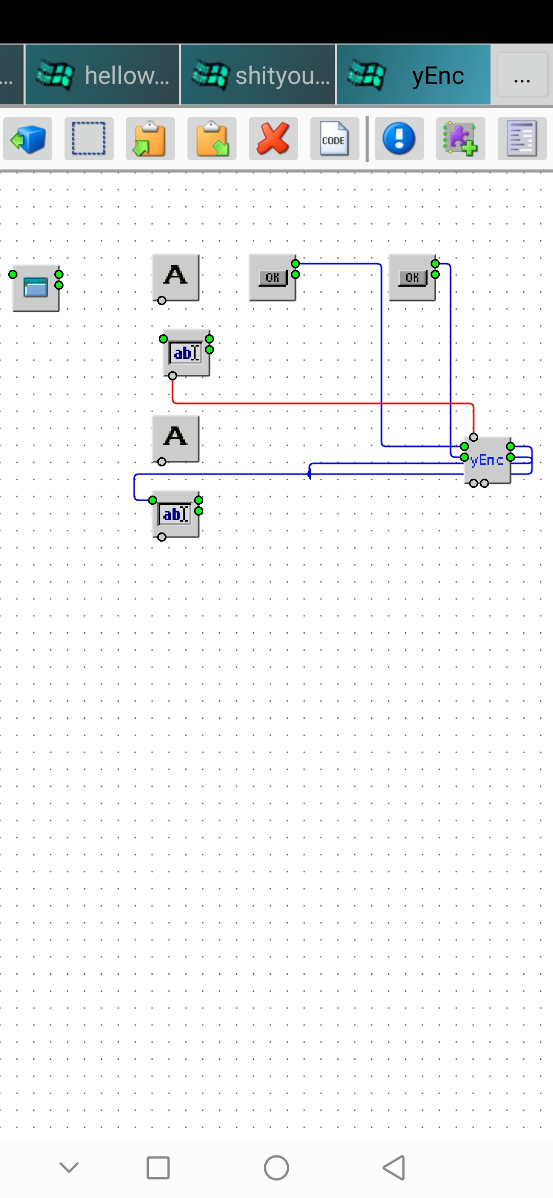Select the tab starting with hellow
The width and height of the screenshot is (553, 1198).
[x=103, y=75]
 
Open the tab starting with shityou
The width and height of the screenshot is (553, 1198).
[x=259, y=75]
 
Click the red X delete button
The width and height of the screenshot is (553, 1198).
[x=273, y=139]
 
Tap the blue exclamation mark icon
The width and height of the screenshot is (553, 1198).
[x=399, y=139]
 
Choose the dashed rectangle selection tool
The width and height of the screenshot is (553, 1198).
[x=89, y=139]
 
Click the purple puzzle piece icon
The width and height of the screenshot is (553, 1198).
[x=460, y=139]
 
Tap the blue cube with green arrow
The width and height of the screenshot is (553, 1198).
[x=28, y=139]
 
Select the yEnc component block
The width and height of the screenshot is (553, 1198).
[x=487, y=460]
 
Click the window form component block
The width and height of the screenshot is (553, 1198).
[x=36, y=288]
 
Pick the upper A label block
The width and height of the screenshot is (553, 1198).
[x=176, y=277]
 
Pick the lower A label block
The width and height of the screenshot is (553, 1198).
[x=176, y=438]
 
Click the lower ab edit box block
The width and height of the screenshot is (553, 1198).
[x=176, y=514]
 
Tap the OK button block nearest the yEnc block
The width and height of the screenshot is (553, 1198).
[x=412, y=277]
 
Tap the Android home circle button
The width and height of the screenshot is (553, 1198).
[x=276, y=1168]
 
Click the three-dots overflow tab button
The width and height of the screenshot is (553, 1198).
[x=522, y=75]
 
